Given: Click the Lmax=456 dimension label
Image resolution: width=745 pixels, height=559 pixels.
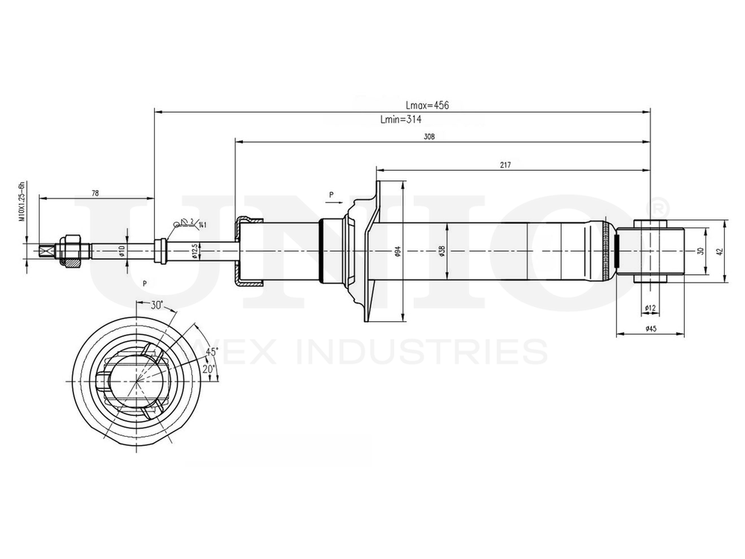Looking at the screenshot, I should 427,106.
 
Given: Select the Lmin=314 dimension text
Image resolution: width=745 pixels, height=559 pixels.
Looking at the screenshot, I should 402,119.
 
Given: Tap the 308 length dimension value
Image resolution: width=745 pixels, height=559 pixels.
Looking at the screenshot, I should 428,136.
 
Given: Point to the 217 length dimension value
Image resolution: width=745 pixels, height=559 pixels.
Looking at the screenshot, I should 507,165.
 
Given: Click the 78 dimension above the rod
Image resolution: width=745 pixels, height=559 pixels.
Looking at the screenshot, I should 95,193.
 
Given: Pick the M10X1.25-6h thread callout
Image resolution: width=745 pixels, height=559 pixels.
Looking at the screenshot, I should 22,201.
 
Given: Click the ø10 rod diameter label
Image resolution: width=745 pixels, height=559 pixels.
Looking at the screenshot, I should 120,251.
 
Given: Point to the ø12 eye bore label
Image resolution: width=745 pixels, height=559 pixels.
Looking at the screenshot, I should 649,308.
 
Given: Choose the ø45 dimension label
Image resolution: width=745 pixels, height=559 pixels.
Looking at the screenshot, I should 650,329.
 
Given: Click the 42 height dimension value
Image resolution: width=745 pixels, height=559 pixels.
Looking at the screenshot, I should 720,252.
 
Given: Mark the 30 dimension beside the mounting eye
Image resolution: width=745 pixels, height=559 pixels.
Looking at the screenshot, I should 700,252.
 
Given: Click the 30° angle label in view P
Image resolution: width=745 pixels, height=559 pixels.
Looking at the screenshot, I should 156,306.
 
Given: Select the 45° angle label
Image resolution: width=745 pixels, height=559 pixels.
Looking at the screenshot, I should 212,351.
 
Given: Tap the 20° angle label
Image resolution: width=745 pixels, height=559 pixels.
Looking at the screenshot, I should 208,369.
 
